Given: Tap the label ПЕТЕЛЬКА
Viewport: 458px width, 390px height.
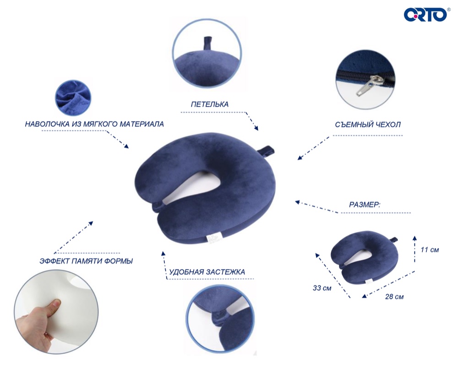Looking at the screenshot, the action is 209,104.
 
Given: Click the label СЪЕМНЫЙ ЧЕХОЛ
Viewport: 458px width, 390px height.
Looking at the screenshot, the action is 368,125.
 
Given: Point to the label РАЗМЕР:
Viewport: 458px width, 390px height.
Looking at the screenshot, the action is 365,205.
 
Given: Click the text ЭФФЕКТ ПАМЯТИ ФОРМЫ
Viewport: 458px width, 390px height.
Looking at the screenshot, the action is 86,261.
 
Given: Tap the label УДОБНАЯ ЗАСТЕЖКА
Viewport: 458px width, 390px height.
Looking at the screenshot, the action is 207,272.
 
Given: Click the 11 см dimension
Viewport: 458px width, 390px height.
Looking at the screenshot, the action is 430,249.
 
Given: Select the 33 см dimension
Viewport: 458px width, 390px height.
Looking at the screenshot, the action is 322,288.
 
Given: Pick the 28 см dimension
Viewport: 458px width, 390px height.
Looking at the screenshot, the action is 394,297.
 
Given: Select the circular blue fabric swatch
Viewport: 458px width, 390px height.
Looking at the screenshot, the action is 73,98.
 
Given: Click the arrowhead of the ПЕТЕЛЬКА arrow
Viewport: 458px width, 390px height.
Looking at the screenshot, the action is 256,128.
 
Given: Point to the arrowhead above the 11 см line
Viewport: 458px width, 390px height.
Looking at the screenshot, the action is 414,238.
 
